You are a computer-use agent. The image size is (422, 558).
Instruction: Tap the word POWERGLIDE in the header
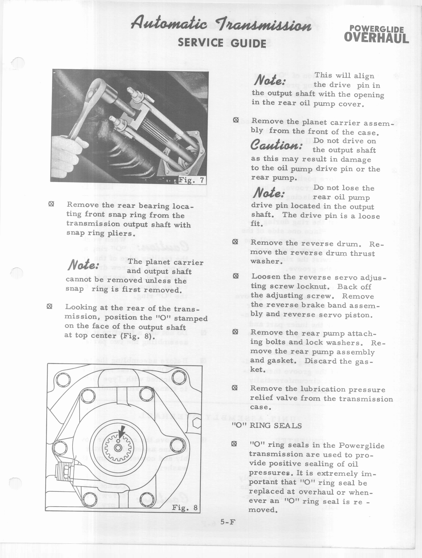pyautogui.click(x=377, y=30)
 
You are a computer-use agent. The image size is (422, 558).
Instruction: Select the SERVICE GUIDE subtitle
pyautogui.click(x=222, y=43)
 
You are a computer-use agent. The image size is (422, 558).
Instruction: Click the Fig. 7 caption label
pyautogui.click(x=191, y=180)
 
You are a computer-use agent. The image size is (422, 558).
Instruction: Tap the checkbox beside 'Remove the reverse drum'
pyautogui.click(x=235, y=242)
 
